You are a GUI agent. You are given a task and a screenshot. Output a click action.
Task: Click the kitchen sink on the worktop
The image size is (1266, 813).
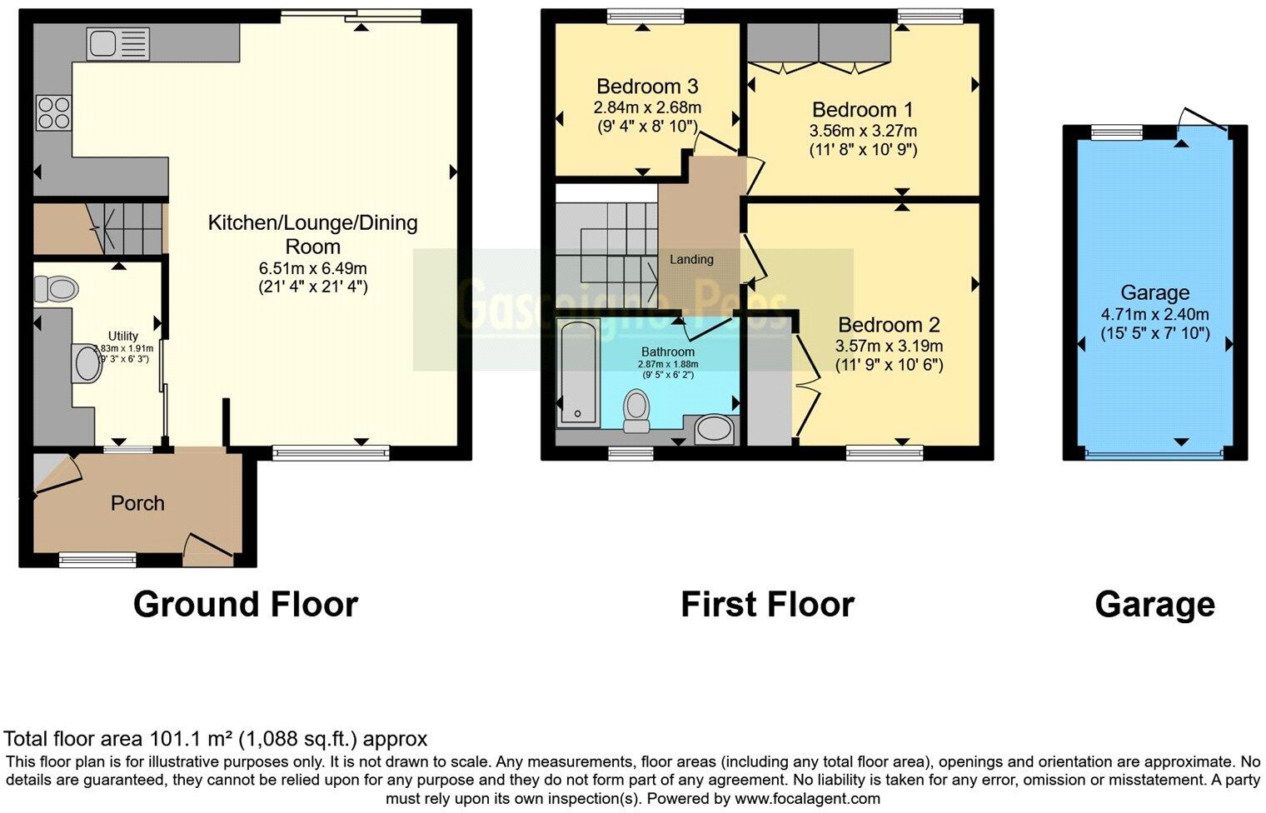(118, 44)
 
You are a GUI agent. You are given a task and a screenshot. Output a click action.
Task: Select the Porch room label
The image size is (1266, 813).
(137, 503)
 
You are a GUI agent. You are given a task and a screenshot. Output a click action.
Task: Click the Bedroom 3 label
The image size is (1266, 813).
(647, 87)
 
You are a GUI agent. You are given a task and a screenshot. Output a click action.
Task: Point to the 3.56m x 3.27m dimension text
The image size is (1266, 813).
(863, 131)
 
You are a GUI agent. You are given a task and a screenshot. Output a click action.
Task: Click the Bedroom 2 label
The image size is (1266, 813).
(889, 325)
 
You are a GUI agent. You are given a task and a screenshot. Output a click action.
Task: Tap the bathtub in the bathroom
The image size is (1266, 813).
(576, 372)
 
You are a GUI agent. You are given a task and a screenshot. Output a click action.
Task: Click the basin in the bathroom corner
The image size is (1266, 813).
(715, 430)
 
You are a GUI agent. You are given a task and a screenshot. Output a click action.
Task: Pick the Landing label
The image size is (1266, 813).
(691, 259)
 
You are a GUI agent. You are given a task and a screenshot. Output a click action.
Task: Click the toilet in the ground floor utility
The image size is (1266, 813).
(57, 290)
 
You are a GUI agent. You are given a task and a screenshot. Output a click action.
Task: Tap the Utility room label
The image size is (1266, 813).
(123, 337)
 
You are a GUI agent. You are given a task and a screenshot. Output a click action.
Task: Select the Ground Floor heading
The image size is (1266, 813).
(246, 604)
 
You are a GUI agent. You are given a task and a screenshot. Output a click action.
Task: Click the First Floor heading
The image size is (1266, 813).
(767, 604)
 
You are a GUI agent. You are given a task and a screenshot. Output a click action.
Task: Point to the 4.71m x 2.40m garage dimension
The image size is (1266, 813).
(1154, 315)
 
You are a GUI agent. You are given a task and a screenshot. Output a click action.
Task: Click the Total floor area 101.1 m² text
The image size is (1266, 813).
(216, 739)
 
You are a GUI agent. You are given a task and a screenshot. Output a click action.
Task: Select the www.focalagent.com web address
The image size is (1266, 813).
(806, 798)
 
